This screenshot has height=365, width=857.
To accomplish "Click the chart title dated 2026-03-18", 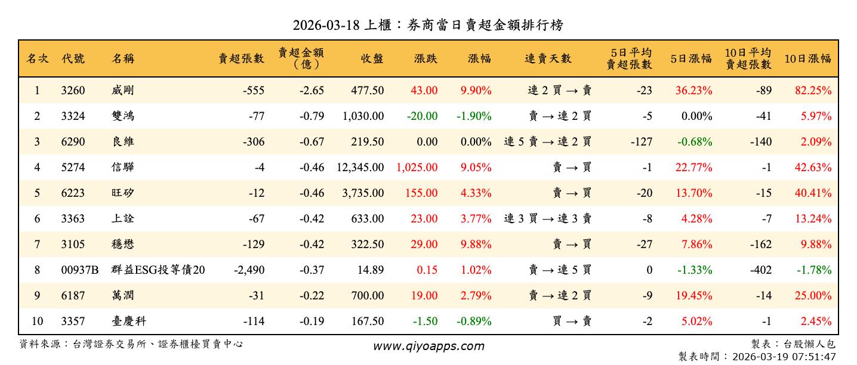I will point(428,25).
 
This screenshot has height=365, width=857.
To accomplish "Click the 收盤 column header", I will point(372,58).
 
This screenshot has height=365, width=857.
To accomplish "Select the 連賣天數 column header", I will point(548,58).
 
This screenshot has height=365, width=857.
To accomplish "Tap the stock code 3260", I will point(73,91).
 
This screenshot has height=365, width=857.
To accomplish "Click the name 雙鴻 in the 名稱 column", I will point(123,116).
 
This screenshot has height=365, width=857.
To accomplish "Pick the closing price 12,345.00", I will point(360,168).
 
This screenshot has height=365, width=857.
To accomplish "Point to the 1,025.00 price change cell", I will point(417,168).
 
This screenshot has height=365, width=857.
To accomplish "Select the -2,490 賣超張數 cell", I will point(249,270).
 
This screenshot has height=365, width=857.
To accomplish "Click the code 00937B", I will point(79,270).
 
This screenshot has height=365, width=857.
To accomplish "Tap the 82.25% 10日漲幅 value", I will point(813,91).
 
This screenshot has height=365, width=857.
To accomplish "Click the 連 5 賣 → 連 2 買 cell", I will point(547,142).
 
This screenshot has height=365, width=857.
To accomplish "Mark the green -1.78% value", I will point(813,270).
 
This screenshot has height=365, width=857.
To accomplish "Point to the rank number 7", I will point(37,245).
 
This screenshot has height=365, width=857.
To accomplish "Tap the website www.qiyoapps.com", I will point(428,346).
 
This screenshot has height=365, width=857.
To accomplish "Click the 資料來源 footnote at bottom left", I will point(131,344).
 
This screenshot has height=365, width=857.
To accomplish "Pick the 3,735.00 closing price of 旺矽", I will point(363,193).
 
